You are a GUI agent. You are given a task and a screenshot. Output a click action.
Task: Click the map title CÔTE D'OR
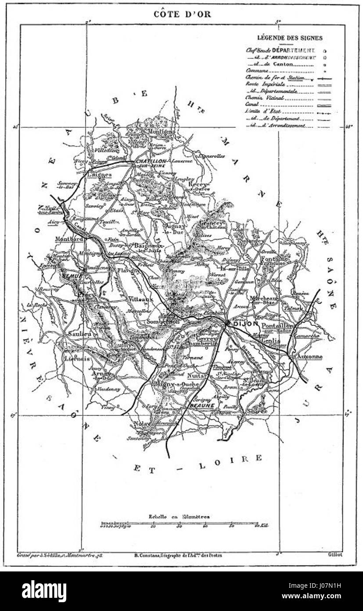click(x=182, y=14)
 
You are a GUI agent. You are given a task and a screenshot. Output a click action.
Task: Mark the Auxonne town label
click(x=309, y=357)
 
